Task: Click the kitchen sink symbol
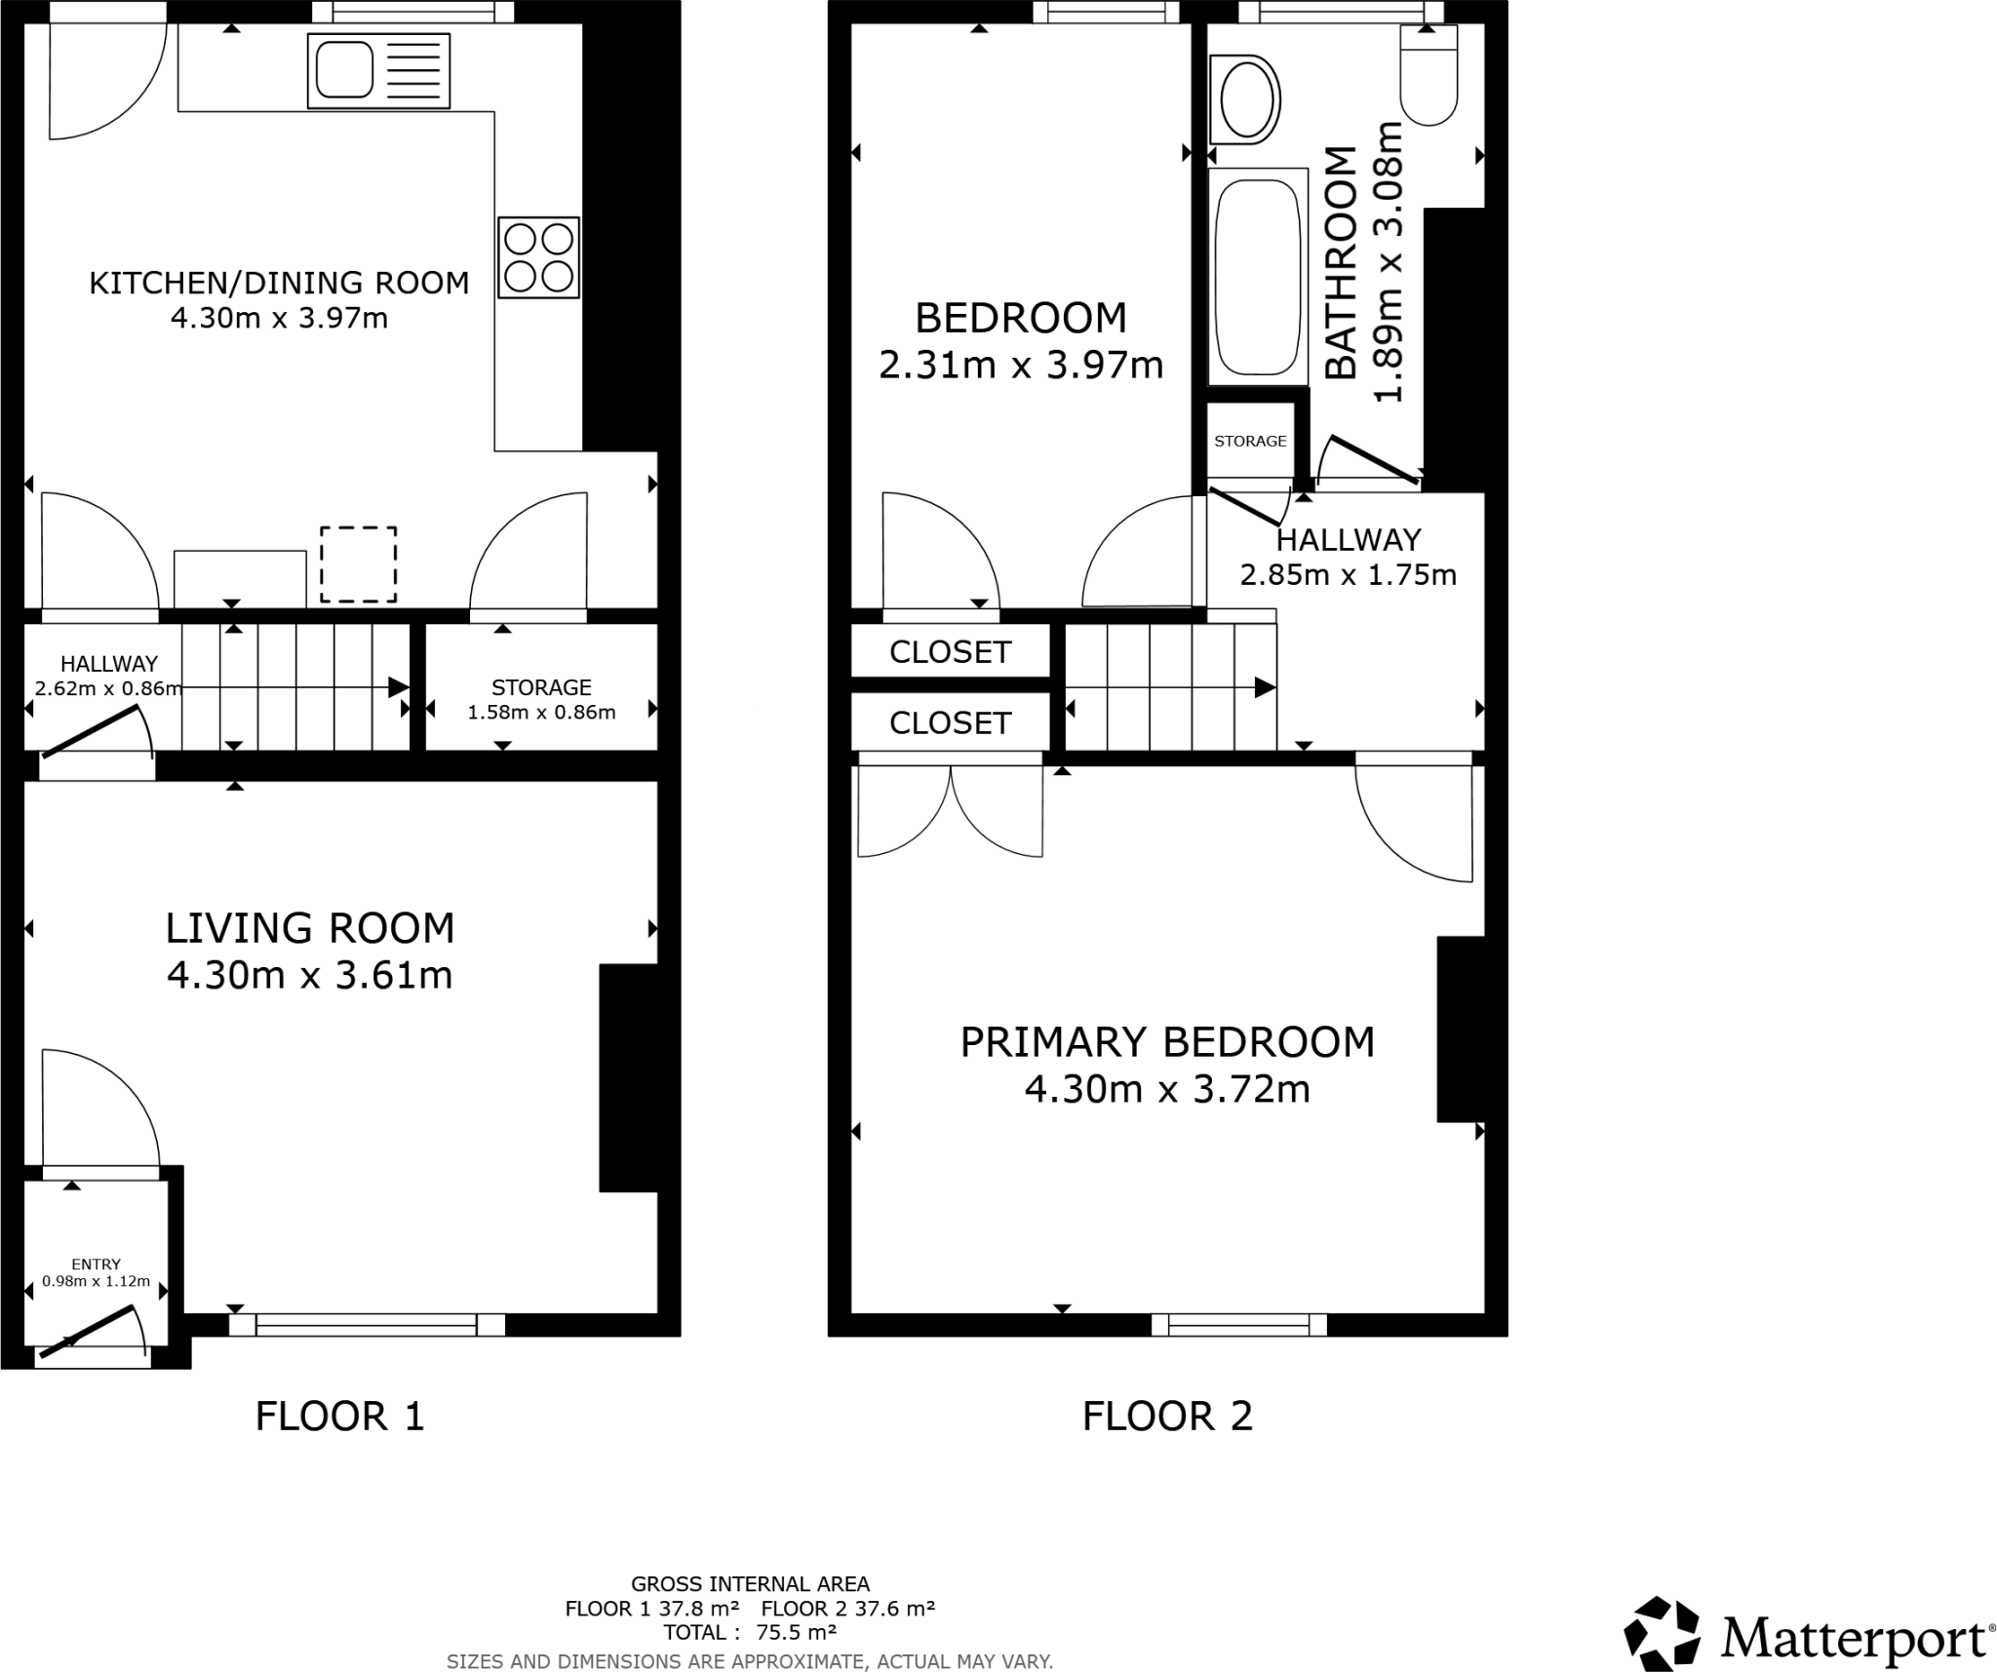378,71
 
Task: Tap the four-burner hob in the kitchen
538,257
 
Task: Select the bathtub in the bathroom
1258,277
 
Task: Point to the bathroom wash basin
1244,99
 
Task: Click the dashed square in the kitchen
359,564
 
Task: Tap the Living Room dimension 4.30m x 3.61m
310,975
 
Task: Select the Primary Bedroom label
1167,1042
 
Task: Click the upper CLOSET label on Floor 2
950,652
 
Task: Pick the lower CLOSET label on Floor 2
950,723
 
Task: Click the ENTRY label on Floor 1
96,1264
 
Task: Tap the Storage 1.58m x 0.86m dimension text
541,713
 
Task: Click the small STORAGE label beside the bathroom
1250,442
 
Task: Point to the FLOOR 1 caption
339,1417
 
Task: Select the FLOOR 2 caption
1167,1417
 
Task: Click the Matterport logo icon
1662,1632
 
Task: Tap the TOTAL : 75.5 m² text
749,1632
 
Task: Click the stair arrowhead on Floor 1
398,687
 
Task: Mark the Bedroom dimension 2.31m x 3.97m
1021,366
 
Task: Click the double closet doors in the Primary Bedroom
950,809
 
